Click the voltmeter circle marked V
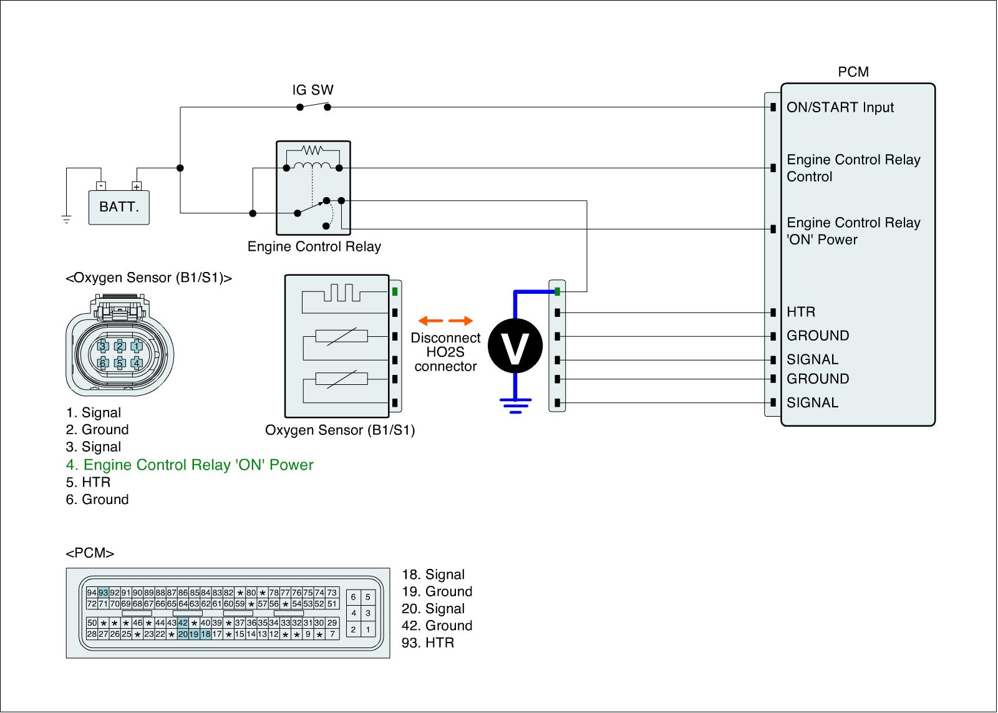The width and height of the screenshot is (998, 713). [515, 346]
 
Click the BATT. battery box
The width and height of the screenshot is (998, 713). [119, 207]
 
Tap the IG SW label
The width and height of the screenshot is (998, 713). [312, 90]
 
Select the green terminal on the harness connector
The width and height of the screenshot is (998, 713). [558, 292]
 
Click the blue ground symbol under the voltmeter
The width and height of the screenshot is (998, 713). [515, 405]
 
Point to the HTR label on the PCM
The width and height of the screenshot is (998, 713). [801, 312]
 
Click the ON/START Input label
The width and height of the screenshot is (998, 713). [840, 107]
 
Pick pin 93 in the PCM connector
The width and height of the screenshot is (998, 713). [104, 593]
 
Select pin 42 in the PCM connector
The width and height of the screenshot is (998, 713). [183, 623]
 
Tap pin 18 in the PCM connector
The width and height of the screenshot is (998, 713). [205, 634]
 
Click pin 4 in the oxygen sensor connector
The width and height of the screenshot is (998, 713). [137, 363]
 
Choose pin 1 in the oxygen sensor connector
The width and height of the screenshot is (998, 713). [137, 346]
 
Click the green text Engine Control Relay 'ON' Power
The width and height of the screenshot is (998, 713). [190, 465]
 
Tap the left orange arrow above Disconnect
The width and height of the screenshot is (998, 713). [431, 321]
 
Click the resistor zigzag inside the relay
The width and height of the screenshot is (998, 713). [312, 150]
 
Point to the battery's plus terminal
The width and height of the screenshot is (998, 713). [137, 187]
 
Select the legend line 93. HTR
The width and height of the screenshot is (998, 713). [428, 643]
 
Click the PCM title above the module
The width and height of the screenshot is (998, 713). [853, 72]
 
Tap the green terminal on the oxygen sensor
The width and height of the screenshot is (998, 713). [395, 292]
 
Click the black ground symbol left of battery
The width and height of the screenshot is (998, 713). [66, 219]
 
